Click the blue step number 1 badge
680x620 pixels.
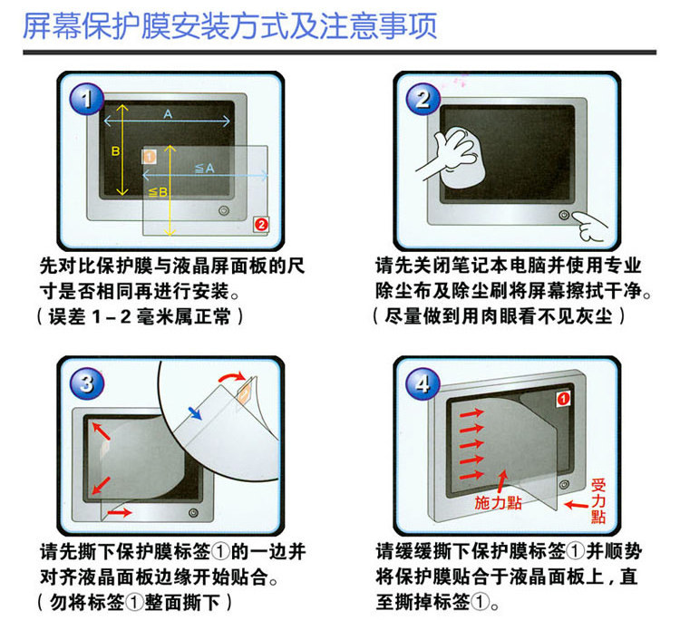[87, 99]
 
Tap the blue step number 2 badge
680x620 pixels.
[423, 99]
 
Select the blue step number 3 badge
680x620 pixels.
[87, 383]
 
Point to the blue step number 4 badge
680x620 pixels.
[423, 383]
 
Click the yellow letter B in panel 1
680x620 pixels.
[115, 150]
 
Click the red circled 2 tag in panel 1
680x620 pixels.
[261, 224]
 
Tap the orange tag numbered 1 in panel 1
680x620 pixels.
[150, 157]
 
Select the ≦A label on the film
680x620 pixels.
[205, 169]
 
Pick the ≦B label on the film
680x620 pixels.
[158, 192]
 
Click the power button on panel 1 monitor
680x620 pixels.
[224, 210]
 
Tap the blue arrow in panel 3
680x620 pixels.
[195, 413]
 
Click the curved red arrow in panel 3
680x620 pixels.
[232, 375]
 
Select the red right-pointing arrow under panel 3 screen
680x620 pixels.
[120, 513]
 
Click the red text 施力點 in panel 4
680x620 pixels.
[498, 503]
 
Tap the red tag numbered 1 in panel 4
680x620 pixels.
[563, 399]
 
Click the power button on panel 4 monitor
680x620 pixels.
[564, 484]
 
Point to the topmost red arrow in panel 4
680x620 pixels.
[471, 413]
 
